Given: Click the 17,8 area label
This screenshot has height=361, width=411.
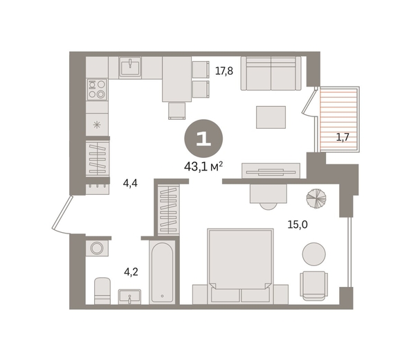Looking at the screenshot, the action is (x=224, y=71).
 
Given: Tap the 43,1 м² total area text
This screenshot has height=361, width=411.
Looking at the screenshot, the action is (x=203, y=166).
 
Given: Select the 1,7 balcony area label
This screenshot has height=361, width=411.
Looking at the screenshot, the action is (x=343, y=137).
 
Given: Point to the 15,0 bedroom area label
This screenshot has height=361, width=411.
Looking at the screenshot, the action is (x=298, y=224).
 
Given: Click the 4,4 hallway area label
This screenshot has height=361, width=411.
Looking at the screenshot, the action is (x=130, y=183).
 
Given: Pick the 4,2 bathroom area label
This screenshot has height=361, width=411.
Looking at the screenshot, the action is (x=131, y=272).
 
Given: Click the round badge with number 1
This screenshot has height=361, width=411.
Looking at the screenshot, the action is (x=203, y=139).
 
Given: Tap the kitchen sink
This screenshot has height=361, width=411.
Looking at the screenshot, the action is (x=130, y=67).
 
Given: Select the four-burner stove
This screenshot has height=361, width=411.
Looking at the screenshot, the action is (x=97, y=89).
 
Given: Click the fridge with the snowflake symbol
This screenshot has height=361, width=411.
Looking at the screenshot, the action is (x=97, y=125).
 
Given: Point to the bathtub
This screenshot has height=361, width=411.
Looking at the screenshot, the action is (x=162, y=272).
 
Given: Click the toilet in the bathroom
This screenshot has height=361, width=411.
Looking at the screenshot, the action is (x=102, y=291).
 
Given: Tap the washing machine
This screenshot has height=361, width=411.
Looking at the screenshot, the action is (x=97, y=248).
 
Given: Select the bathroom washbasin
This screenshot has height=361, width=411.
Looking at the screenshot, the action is (x=129, y=297).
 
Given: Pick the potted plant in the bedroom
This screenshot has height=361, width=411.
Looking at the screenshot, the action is (x=316, y=199).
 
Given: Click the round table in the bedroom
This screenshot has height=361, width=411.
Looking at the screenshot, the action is (x=313, y=254).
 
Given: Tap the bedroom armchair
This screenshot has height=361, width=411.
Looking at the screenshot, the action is (x=313, y=285).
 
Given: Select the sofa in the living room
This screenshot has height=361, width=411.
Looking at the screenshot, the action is (x=271, y=73).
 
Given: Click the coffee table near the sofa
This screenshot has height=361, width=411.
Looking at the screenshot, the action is (x=271, y=117).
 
